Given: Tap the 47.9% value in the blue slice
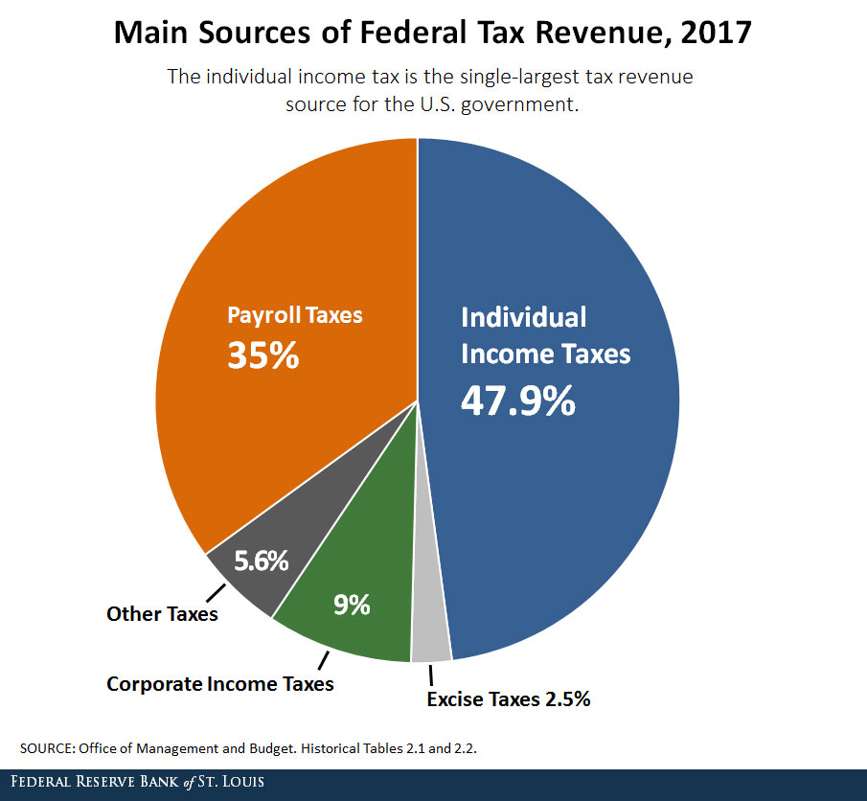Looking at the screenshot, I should point(517,400).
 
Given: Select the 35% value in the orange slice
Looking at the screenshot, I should point(262,355).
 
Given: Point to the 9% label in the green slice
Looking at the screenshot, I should point(352,606).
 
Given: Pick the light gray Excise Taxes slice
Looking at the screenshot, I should point(430,647).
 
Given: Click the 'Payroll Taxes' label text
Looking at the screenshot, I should point(294,314).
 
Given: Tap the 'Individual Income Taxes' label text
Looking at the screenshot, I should point(545,335).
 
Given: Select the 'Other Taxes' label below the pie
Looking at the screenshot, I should point(162,614).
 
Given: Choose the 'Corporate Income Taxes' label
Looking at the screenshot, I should point(219,684).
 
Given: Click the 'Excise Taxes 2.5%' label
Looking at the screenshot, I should point(508,698).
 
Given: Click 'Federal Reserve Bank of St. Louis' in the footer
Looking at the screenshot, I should point(134,783).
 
